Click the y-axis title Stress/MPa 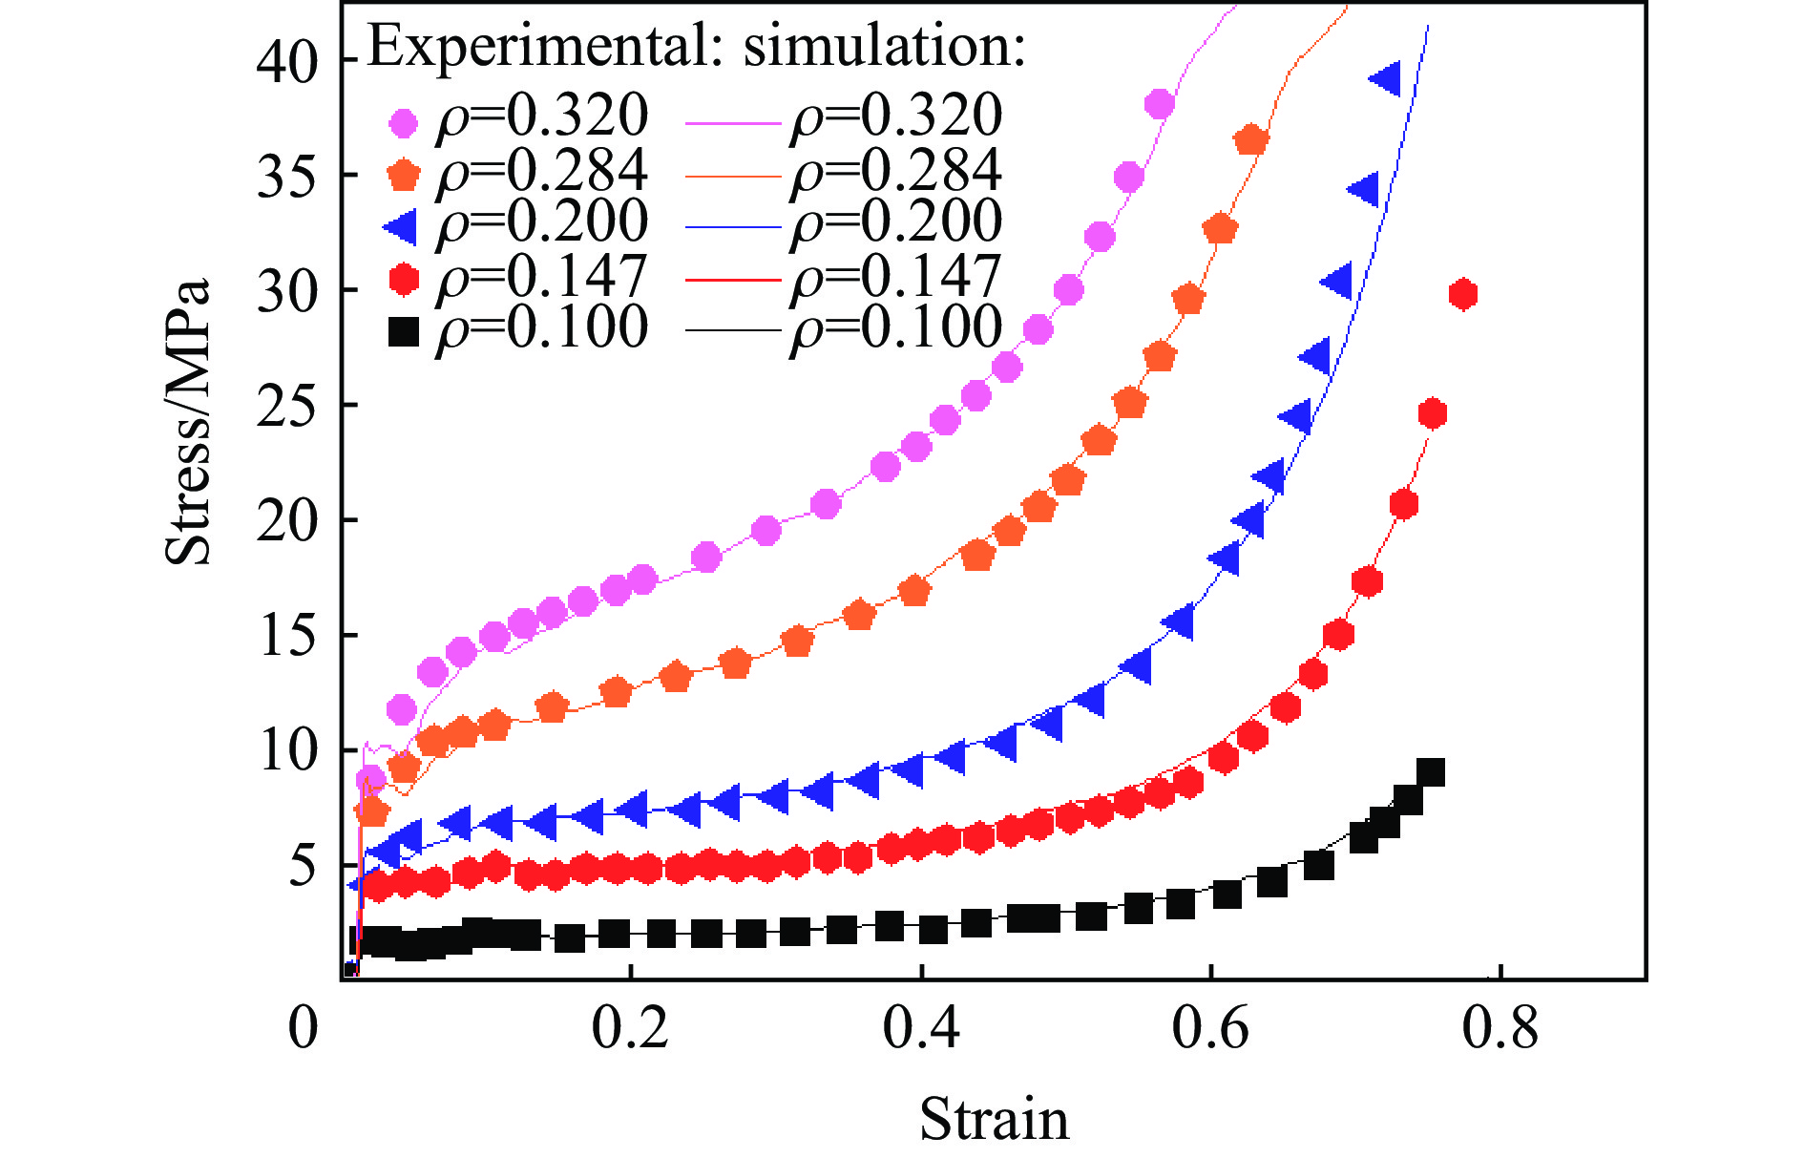pos(188,422)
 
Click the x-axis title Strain pos(994,1119)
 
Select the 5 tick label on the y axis pos(303,866)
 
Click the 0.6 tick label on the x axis pos(1210,1029)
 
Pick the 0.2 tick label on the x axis pos(630,1029)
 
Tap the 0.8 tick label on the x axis pos(1500,1029)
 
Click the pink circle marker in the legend pos(404,121)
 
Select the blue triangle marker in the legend pos(401,227)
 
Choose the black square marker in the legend pos(404,332)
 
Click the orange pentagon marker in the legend pos(404,175)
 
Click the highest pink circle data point pos(1160,104)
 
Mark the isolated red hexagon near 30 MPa pos(1462,294)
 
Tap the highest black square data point pos(1430,772)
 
